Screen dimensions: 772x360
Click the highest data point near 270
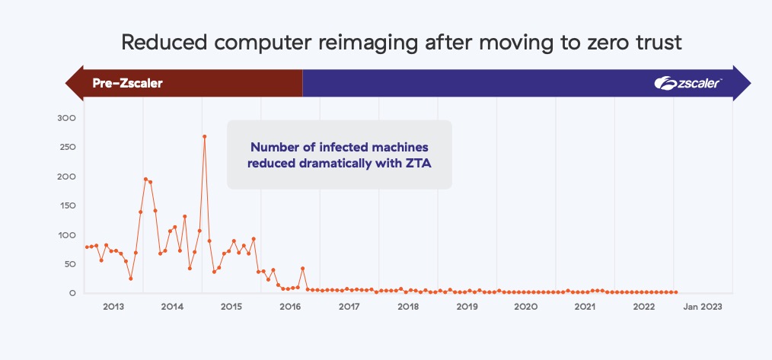(204, 136)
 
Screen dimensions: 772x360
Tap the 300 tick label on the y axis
(66, 118)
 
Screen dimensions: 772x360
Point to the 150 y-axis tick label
(66, 205)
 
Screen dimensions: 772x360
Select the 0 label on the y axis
(72, 293)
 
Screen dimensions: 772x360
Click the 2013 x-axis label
(113, 307)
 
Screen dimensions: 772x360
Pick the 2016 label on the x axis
(291, 307)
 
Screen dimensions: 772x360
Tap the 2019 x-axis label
(467, 307)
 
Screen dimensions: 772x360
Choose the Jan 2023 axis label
(703, 307)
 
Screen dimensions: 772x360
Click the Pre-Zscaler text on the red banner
(127, 83)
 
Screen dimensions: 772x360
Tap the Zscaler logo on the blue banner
(687, 83)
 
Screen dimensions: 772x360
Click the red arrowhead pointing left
(75, 83)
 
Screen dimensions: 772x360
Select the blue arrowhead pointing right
(742, 83)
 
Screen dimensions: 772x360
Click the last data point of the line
(676, 292)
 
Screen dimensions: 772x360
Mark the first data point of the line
(87, 247)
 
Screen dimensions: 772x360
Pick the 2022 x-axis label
(644, 307)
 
